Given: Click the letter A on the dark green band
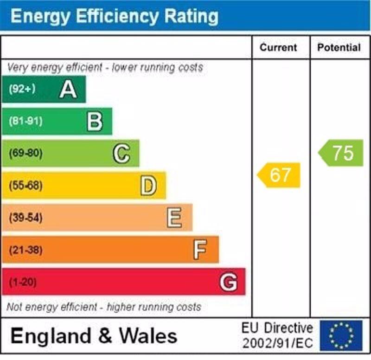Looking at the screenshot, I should pyautogui.click(x=68, y=89).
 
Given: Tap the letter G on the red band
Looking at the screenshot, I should pyautogui.click(x=229, y=282).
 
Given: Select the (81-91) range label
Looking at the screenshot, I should pyautogui.click(x=26, y=121).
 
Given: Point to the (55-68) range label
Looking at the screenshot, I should pyautogui.click(x=26, y=186).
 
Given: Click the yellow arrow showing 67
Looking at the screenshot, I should pyautogui.click(x=280, y=175).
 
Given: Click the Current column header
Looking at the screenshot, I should pyautogui.click(x=278, y=47).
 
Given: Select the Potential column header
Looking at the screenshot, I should pyautogui.click(x=339, y=47).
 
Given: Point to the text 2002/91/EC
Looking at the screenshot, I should pyautogui.click(x=277, y=344).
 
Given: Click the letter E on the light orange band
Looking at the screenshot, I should pyautogui.click(x=174, y=218).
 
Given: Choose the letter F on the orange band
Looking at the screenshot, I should pyautogui.click(x=200, y=250).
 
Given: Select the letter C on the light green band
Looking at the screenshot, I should pyautogui.click(x=122, y=154).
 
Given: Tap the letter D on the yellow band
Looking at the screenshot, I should pyautogui.click(x=148, y=186).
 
